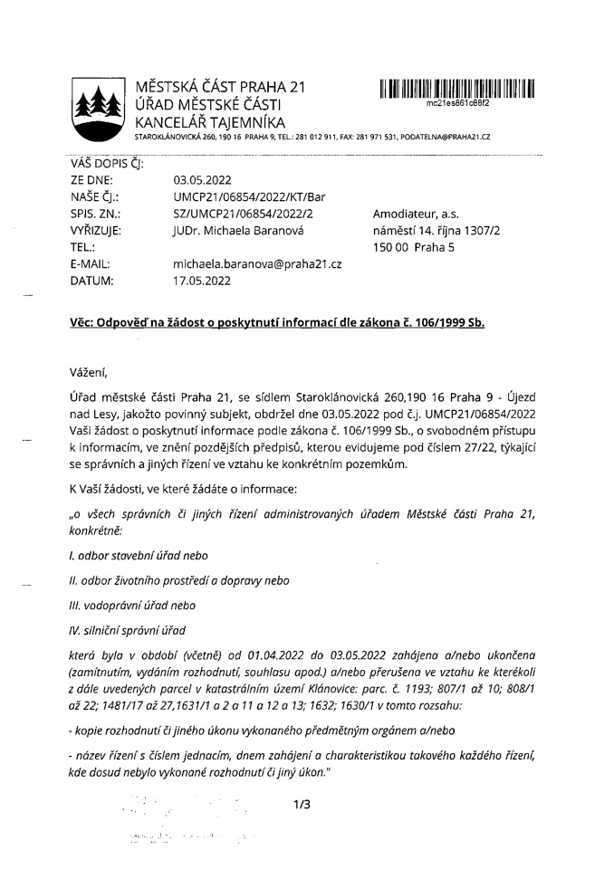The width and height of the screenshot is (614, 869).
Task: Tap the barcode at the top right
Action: (457, 89)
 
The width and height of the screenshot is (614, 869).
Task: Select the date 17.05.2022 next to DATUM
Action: (202, 281)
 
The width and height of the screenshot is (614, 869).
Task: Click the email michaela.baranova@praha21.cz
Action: (256, 263)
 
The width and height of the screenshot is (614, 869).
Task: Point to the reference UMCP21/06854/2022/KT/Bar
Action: (248, 196)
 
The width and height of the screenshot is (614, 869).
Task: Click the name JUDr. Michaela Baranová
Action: (240, 230)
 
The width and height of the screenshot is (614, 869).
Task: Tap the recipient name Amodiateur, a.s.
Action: (414, 214)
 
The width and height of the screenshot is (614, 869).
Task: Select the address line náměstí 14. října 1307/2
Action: (437, 230)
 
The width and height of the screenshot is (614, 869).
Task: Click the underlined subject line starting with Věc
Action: (277, 323)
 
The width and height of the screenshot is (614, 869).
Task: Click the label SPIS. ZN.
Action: (95, 214)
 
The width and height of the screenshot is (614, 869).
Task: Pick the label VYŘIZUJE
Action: (95, 230)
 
